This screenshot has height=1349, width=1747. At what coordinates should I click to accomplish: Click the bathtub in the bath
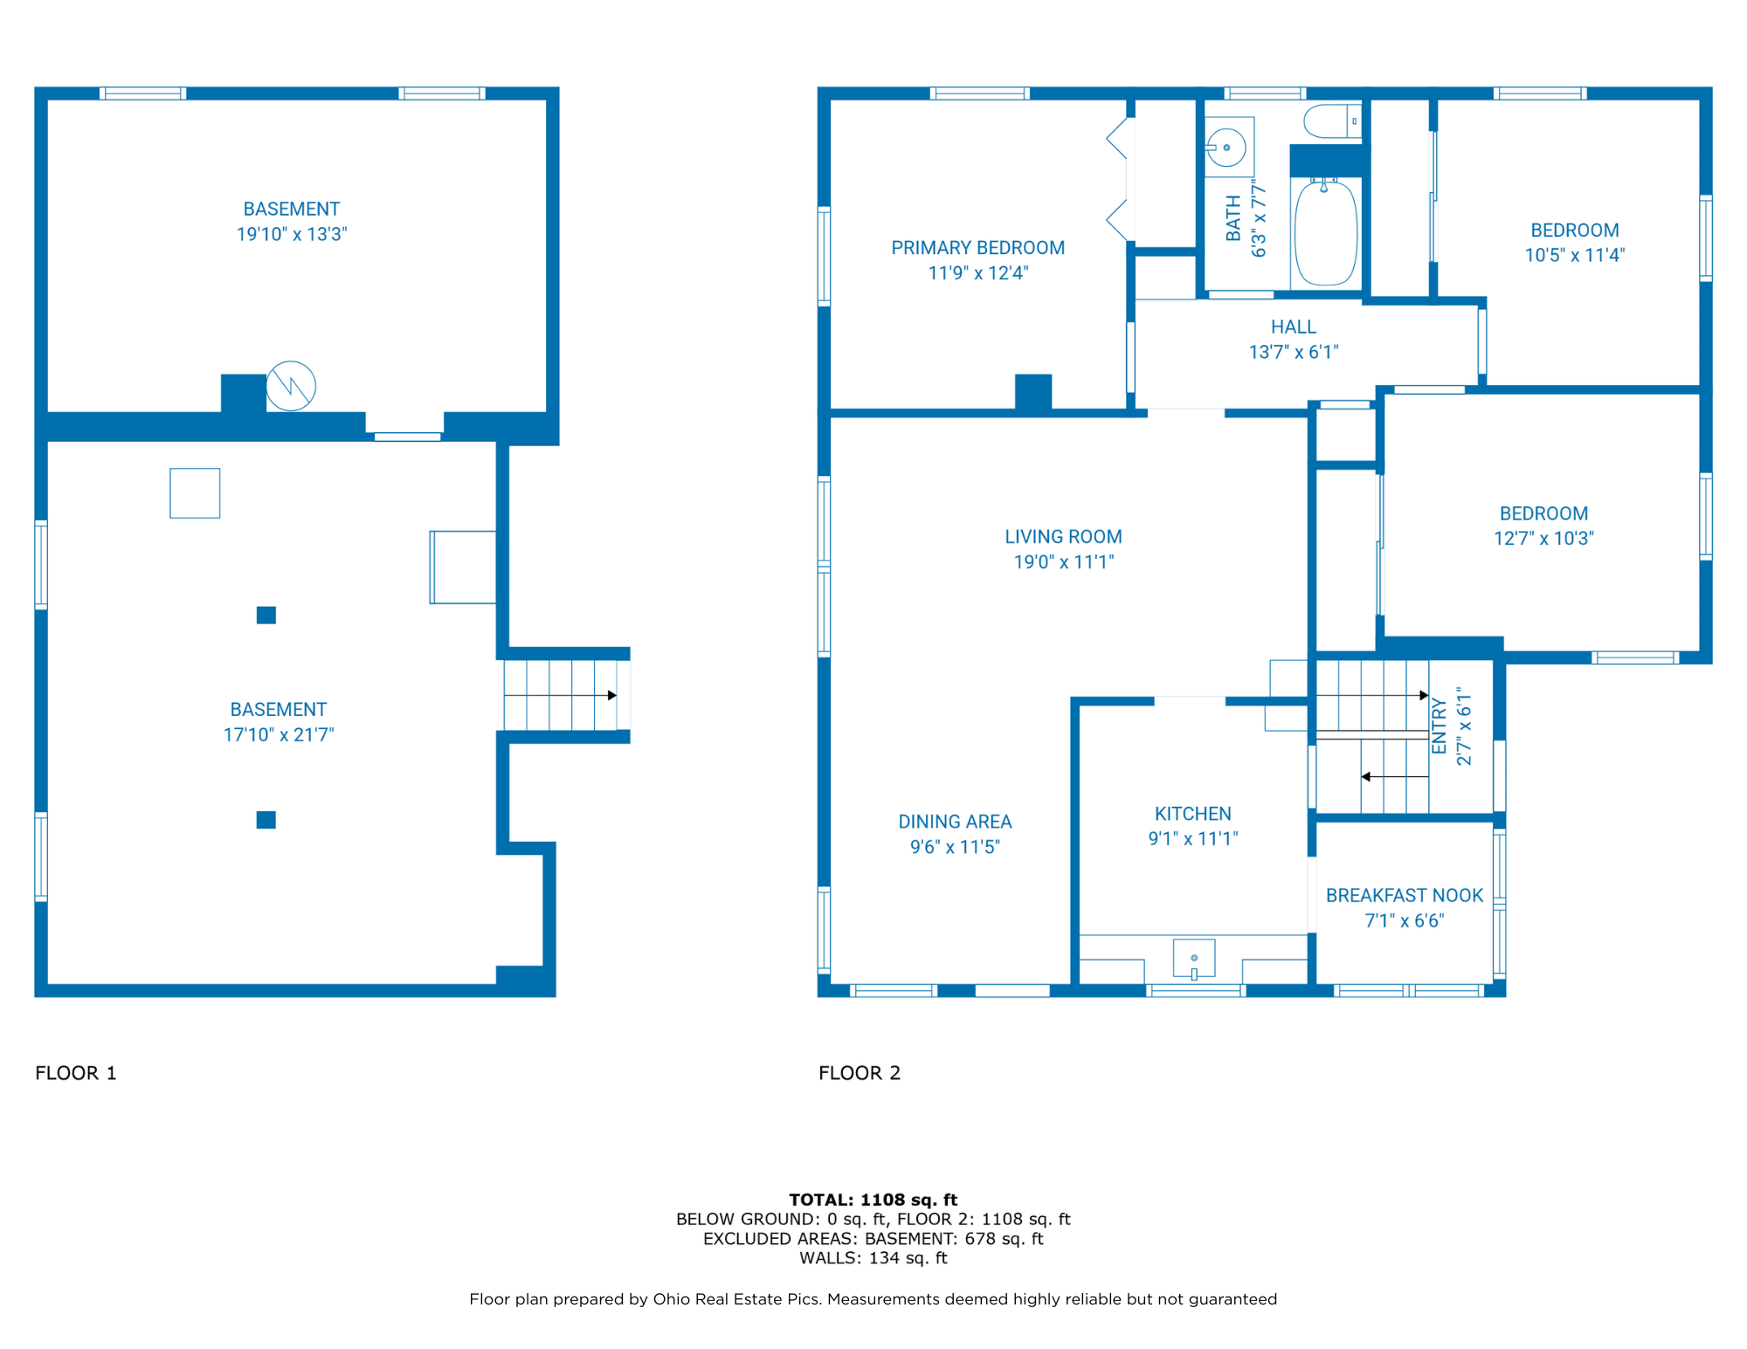pyautogui.click(x=1325, y=232)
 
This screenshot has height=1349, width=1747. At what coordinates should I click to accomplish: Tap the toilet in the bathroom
pyautogui.click(x=1330, y=121)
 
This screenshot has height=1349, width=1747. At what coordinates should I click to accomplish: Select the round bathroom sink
pyautogui.click(x=1226, y=148)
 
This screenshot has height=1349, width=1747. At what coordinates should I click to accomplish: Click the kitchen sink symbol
pyautogui.click(x=1194, y=959)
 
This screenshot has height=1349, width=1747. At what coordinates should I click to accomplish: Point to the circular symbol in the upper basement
pyautogui.click(x=291, y=386)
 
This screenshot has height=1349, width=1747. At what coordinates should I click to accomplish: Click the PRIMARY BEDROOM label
pyautogui.click(x=977, y=248)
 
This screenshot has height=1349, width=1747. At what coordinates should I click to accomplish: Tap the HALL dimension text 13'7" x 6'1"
pyautogui.click(x=1293, y=352)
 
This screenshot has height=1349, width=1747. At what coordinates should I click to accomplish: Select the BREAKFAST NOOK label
pyautogui.click(x=1404, y=895)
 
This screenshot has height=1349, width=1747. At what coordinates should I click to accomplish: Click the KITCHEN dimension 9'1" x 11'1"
pyautogui.click(x=1192, y=838)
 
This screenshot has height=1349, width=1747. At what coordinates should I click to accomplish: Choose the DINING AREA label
pyautogui.click(x=955, y=822)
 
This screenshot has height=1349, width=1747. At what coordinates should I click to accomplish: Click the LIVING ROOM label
pyautogui.click(x=1063, y=537)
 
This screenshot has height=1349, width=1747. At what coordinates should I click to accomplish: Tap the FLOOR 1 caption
pyautogui.click(x=76, y=1073)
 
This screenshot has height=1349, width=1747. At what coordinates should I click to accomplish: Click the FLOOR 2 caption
pyautogui.click(x=859, y=1073)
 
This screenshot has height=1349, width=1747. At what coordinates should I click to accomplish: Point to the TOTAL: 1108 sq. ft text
pyautogui.click(x=873, y=1200)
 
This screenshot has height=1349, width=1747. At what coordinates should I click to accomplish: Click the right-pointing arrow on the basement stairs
pyautogui.click(x=611, y=695)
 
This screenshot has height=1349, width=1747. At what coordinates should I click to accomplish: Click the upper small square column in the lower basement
pyautogui.click(x=266, y=616)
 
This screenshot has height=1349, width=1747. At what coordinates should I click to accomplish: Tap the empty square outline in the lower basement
pyautogui.click(x=195, y=493)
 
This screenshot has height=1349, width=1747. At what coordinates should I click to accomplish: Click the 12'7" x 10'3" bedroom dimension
pyautogui.click(x=1543, y=539)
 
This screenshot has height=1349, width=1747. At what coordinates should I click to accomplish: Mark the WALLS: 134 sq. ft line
pyautogui.click(x=873, y=1258)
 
